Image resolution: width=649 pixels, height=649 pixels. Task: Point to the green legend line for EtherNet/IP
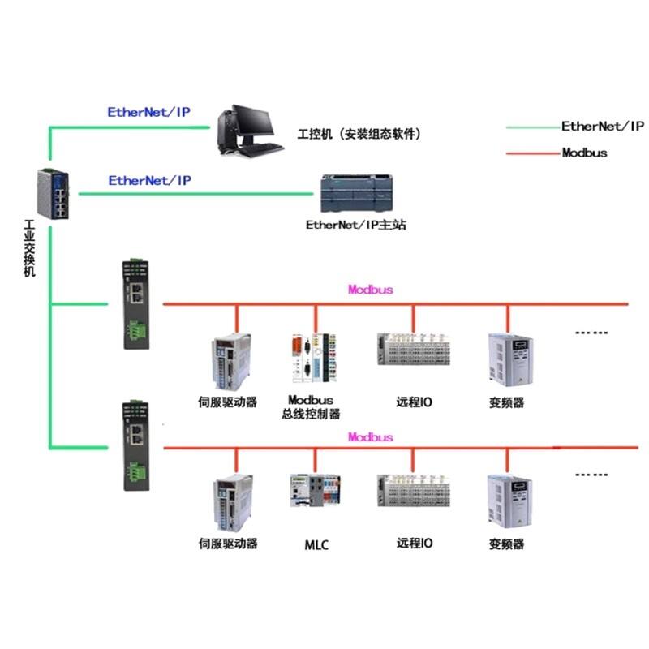(x=531, y=127)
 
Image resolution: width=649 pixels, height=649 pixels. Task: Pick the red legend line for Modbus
(x=531, y=153)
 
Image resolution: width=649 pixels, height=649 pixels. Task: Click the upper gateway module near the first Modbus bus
(x=135, y=304)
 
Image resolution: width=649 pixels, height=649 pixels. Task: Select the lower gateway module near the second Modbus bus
(x=135, y=445)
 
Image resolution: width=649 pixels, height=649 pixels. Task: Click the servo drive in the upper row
(x=234, y=359)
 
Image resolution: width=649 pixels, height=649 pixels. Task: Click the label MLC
(x=316, y=544)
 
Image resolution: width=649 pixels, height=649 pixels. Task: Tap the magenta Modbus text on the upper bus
(x=371, y=289)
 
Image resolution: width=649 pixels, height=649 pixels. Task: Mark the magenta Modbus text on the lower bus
(x=371, y=437)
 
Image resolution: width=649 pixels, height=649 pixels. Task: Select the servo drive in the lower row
(x=234, y=500)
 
